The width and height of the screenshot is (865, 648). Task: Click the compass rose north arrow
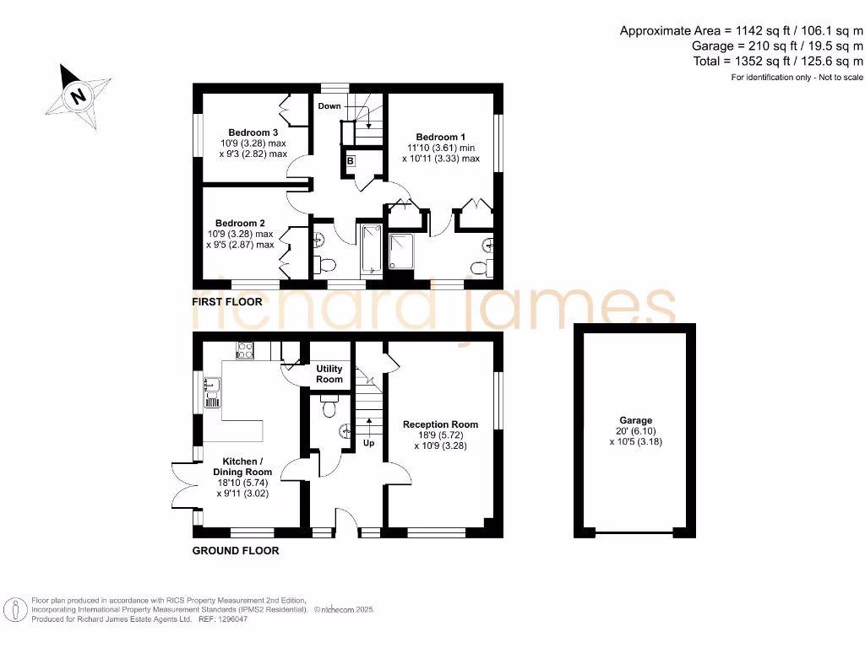78,94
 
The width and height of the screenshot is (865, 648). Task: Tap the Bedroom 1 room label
440,137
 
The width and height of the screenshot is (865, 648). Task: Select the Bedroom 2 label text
240,224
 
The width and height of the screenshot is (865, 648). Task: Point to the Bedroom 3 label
253,132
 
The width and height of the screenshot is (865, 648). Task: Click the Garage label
635,420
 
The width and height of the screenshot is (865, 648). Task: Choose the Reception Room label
440,424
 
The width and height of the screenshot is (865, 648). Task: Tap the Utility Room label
329,374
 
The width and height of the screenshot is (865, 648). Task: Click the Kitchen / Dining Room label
242,467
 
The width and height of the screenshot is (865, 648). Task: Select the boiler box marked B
350,160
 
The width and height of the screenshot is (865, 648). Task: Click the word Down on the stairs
329,105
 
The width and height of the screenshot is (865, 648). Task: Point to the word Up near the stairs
369,443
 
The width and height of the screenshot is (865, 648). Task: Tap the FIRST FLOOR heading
227,301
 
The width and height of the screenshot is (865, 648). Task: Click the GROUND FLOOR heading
236,550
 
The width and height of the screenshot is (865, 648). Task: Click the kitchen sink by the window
212,389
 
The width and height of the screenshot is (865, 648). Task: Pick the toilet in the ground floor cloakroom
329,408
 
